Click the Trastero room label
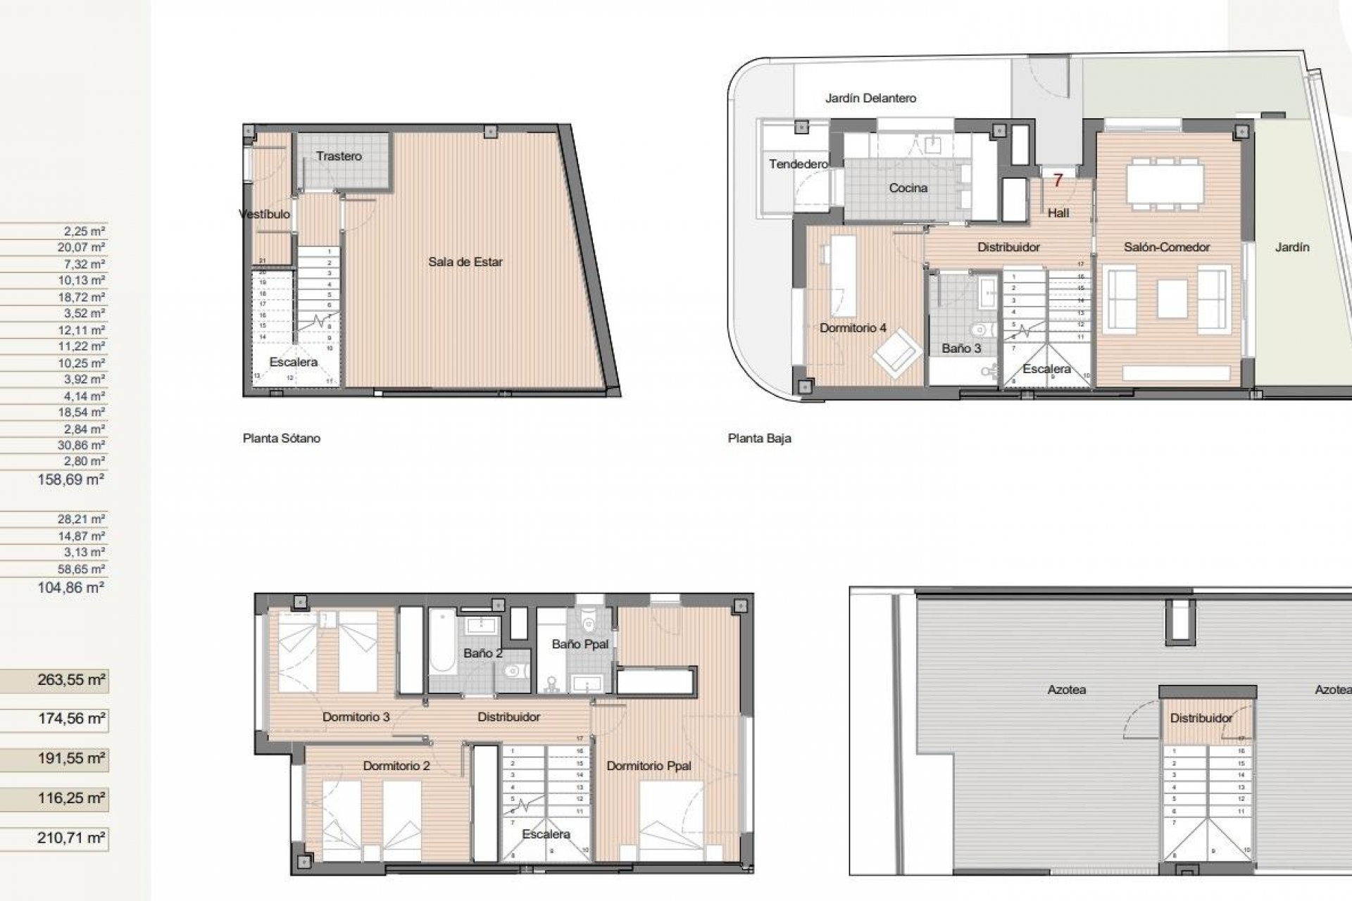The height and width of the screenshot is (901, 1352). [x=339, y=156]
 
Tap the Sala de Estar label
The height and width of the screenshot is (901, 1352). [x=465, y=262]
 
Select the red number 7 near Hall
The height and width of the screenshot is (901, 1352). [x=1057, y=181]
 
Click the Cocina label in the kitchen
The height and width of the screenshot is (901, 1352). [x=908, y=188]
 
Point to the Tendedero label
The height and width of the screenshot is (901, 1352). [x=798, y=164]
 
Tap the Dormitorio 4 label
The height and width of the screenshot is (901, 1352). [x=853, y=328]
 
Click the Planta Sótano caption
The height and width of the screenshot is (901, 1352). [x=282, y=438]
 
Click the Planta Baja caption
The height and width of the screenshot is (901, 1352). [x=759, y=438]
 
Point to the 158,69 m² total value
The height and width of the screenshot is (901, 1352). [x=70, y=480]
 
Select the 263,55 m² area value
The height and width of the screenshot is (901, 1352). [x=70, y=680]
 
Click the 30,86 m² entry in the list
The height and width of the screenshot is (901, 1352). [x=81, y=445]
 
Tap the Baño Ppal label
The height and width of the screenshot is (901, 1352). [x=580, y=644]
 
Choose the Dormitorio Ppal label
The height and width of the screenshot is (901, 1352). [x=649, y=766]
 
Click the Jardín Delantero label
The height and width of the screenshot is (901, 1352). [x=870, y=99]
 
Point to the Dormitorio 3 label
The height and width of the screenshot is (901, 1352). [x=356, y=717]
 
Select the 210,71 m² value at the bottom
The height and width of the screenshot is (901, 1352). [x=70, y=838]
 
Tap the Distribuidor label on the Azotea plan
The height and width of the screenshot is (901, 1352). [x=1201, y=718]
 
